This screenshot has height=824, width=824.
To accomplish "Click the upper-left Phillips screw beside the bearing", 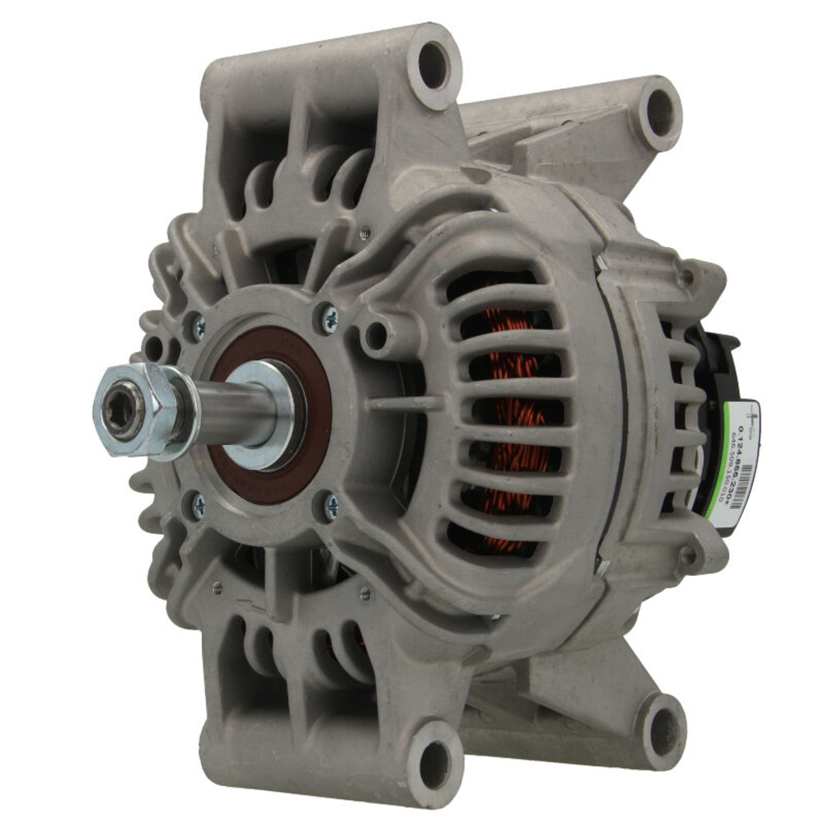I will point(198,328).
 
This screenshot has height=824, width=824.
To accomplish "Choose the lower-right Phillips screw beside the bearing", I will point(330,506).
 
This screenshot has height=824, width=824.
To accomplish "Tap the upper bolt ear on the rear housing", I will point(688,276).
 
